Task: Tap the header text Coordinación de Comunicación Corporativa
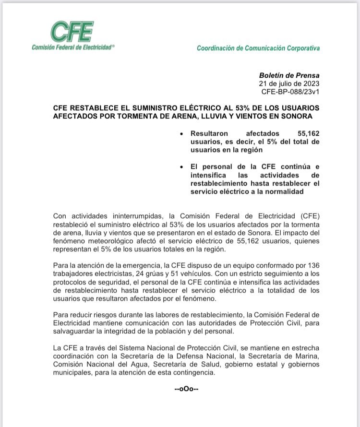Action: click(x=258, y=48)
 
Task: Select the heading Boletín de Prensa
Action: click(x=289, y=75)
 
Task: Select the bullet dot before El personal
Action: click(x=180, y=167)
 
